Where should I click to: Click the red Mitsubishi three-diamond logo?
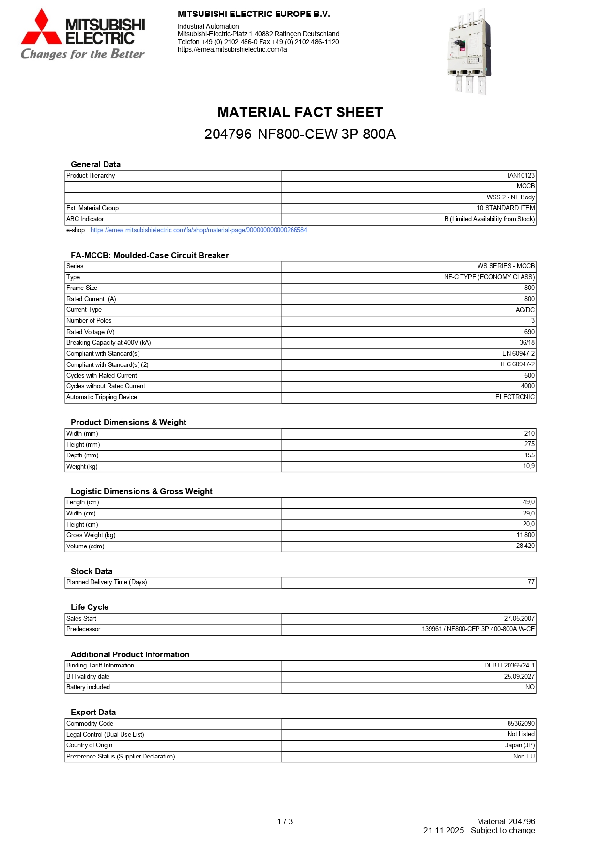[x=42, y=28]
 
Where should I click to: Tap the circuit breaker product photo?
[x=469, y=51]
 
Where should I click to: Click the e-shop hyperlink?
[x=199, y=230]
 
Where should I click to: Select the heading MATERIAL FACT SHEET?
[x=300, y=112]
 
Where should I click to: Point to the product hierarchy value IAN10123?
[x=521, y=176]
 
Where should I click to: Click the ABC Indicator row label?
[x=85, y=219]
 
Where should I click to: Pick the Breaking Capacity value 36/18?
[x=527, y=343]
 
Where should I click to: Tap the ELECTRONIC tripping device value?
[x=515, y=397]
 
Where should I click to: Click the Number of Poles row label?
[x=89, y=321]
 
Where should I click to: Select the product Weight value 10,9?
[x=529, y=466]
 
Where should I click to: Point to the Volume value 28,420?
[x=525, y=546]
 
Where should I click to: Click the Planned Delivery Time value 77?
[x=531, y=582]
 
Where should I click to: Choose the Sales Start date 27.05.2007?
[x=519, y=619]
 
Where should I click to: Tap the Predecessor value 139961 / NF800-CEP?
[x=478, y=629]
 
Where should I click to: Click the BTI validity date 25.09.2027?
[x=519, y=677]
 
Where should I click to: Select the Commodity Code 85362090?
[x=521, y=724]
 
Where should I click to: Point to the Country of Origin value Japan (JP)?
[x=520, y=745]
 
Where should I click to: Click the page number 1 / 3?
[x=285, y=822]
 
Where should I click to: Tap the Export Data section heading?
[x=93, y=713]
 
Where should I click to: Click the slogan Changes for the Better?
[x=82, y=54]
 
